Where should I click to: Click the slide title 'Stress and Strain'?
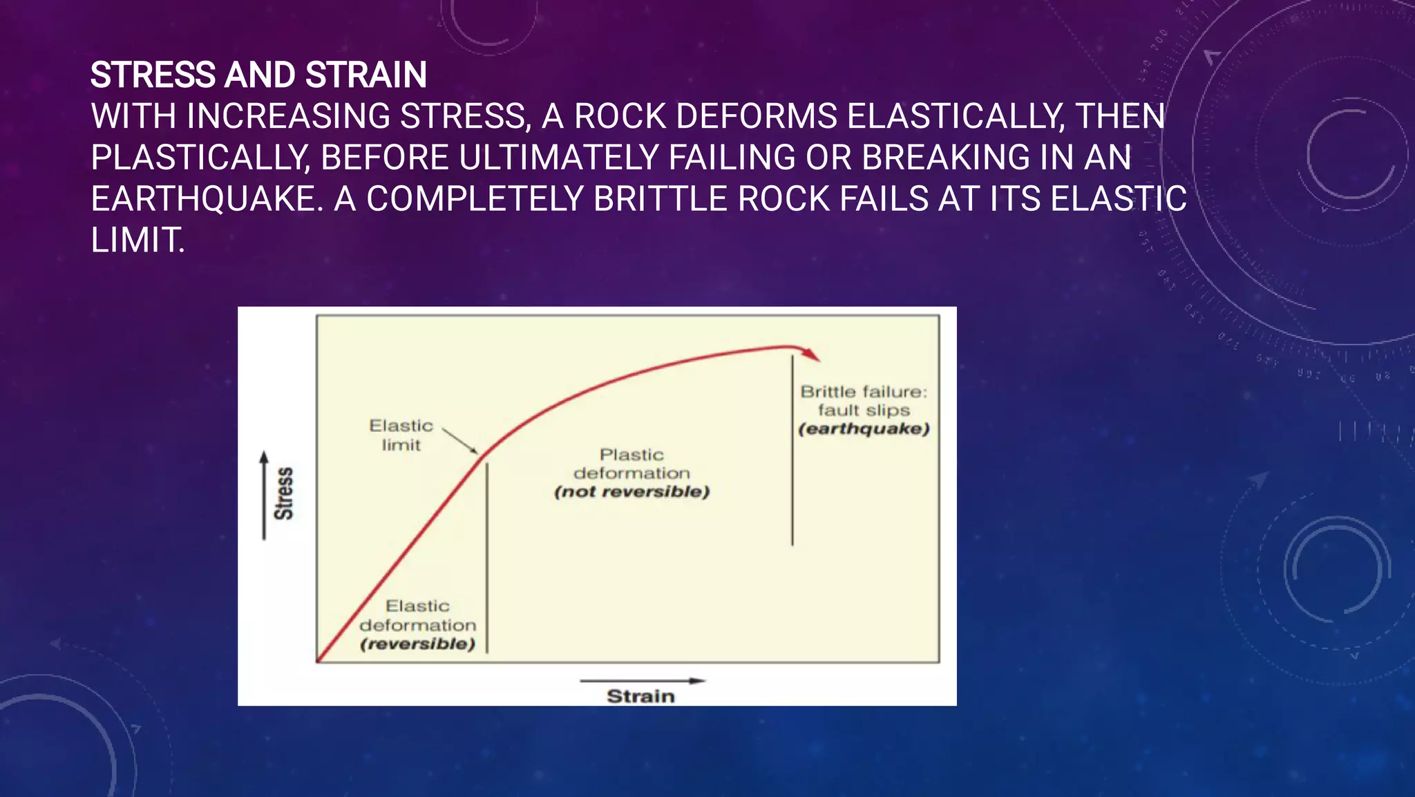tap(258, 75)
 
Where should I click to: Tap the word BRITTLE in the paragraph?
tap(660, 200)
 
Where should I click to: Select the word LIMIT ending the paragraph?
tap(137, 241)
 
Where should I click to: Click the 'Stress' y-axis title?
tap(284, 494)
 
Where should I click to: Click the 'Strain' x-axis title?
tap(640, 696)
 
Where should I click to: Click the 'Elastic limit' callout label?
tap(401, 435)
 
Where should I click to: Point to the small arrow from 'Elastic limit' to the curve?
tap(460, 441)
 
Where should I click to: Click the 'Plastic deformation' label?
tap(631, 464)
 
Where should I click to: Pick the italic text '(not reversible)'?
tap(631, 492)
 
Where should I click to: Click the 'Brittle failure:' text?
tap(864, 392)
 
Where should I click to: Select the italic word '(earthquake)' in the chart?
tap(864, 429)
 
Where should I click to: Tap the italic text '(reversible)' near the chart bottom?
tap(417, 644)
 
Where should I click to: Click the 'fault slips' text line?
tap(864, 411)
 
